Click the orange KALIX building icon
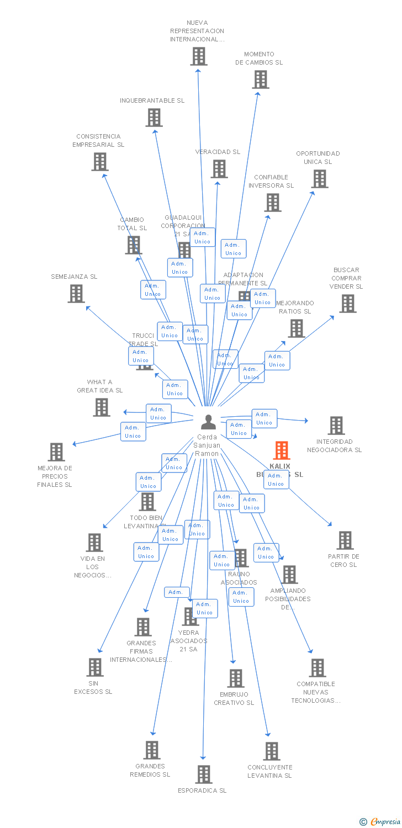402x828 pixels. (x=282, y=450)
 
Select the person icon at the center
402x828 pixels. (x=208, y=422)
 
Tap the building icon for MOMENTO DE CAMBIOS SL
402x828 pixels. (x=260, y=79)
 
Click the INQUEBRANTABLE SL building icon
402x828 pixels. (x=154, y=118)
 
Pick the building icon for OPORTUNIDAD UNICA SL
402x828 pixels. (x=320, y=179)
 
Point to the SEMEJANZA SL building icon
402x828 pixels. (x=76, y=294)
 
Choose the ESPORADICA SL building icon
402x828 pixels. (x=204, y=774)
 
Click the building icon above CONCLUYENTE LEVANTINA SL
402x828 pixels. (x=271, y=751)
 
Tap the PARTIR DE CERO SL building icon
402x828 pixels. (x=345, y=540)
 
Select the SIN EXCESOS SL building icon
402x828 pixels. (x=94, y=667)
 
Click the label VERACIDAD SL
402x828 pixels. (x=218, y=152)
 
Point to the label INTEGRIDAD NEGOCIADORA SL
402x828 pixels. (x=335, y=445)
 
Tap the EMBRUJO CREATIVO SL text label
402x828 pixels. (x=234, y=698)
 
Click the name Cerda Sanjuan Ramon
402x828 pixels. (x=208, y=445)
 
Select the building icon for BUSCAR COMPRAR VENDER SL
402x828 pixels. (x=347, y=303)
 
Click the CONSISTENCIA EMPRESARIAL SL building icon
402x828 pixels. (x=99, y=162)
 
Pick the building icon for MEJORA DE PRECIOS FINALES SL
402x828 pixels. (x=56, y=452)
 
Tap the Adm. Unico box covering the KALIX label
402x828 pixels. (x=276, y=480)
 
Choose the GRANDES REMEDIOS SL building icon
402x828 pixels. (x=152, y=750)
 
